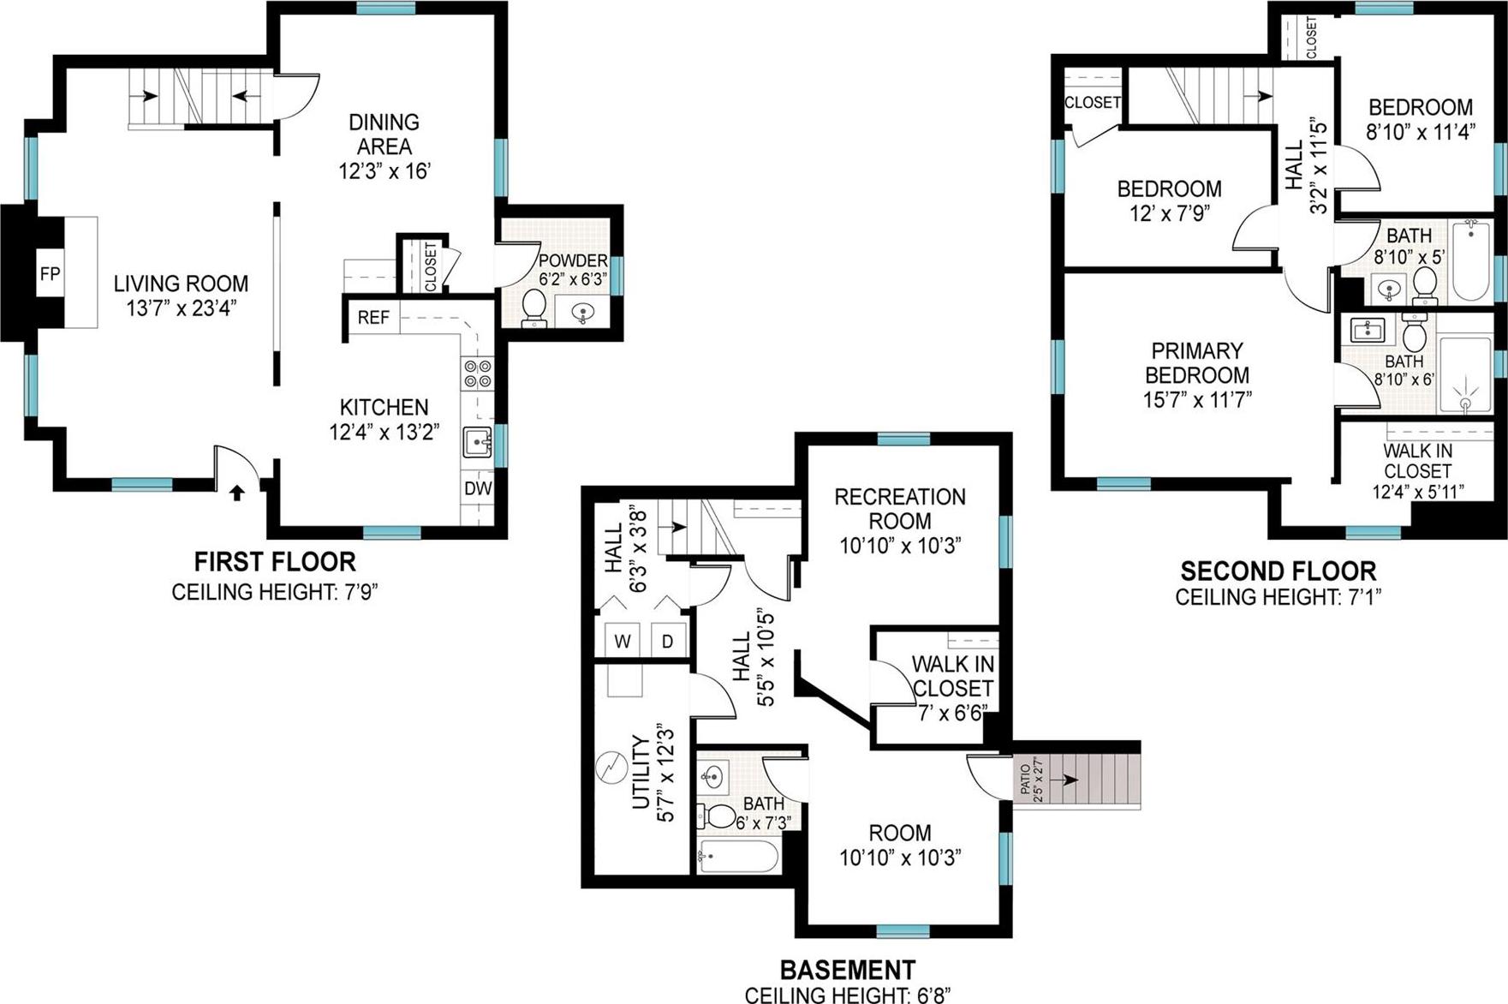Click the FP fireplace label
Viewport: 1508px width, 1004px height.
click(50, 274)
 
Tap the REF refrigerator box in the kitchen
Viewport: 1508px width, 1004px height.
click(373, 318)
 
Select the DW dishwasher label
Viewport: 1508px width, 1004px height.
click(478, 488)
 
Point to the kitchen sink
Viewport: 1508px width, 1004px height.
click(477, 443)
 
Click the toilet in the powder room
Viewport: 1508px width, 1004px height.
click(534, 307)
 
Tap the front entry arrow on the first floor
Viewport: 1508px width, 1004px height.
click(237, 493)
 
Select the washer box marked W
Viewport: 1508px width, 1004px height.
click(623, 641)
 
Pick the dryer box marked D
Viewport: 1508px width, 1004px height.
click(667, 641)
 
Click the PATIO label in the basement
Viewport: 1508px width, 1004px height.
click(1027, 778)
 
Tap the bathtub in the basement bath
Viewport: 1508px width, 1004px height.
click(738, 855)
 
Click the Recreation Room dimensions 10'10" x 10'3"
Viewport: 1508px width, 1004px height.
click(900, 546)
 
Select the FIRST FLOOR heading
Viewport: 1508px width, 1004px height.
click(275, 562)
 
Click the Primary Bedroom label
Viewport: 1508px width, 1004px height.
click(1196, 363)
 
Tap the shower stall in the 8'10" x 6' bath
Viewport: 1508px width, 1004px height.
click(1465, 374)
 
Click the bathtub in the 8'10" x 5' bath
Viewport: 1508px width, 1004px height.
click(1470, 260)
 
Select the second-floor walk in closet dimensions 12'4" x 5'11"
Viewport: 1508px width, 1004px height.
click(1417, 492)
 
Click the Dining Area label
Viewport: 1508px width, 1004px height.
click(384, 134)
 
